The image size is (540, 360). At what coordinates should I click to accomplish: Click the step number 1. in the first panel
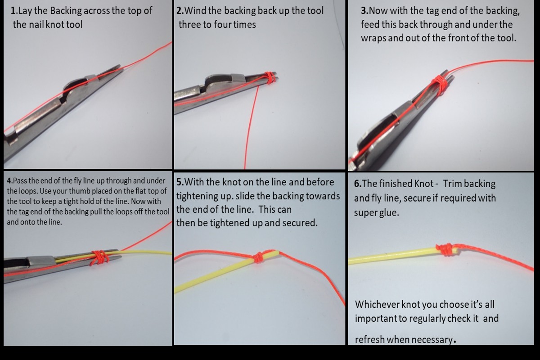pos(14,11)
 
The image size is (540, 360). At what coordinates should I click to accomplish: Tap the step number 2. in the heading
pos(180,11)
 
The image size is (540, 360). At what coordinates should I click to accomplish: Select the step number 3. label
pos(365,11)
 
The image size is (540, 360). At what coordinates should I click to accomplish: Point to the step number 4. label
pos(9,180)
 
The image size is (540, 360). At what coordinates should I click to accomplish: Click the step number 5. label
pos(180,182)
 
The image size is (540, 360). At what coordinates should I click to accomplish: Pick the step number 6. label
pos(358,184)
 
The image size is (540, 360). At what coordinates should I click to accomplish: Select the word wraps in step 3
pos(373,39)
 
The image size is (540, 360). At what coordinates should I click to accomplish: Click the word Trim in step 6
pos(452,184)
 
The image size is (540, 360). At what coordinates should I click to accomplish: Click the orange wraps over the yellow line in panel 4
pos(99,258)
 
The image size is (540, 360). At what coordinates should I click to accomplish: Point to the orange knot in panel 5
pos(259,257)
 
